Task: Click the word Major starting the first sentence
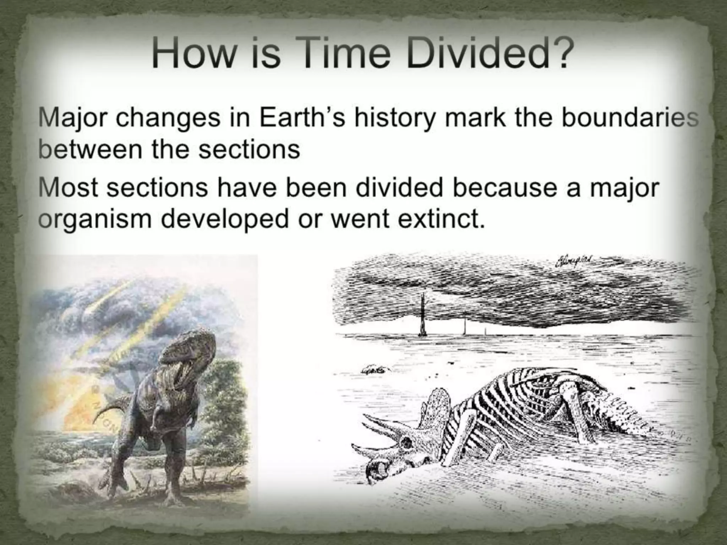click(72, 120)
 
